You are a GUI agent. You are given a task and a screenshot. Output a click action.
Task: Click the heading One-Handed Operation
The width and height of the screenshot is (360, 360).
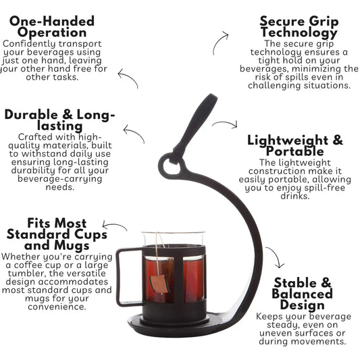tap(52, 26)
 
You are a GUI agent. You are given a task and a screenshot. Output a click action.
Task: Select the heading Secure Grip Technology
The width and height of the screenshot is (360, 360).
tap(299, 27)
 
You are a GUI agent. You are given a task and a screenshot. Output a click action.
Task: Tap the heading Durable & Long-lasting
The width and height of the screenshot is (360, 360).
tap(59, 120)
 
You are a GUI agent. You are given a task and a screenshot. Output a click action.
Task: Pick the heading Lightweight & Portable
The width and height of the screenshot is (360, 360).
tap(295, 146)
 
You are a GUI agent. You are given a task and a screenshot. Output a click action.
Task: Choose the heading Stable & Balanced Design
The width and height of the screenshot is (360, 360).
tap(303, 294)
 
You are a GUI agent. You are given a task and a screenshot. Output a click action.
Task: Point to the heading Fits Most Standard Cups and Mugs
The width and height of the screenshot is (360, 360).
tap(57, 234)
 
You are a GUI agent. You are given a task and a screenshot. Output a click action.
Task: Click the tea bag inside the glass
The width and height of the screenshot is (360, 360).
tap(159, 284)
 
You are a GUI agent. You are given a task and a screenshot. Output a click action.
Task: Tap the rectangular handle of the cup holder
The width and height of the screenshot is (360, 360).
tap(128, 278)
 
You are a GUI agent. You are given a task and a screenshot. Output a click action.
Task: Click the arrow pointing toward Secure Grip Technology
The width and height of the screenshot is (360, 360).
tap(217, 41)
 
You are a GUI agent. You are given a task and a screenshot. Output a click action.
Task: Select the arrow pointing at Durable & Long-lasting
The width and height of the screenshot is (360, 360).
tap(136, 132)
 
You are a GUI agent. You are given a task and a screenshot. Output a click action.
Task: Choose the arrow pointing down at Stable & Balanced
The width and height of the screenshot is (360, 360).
tap(276, 255)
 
